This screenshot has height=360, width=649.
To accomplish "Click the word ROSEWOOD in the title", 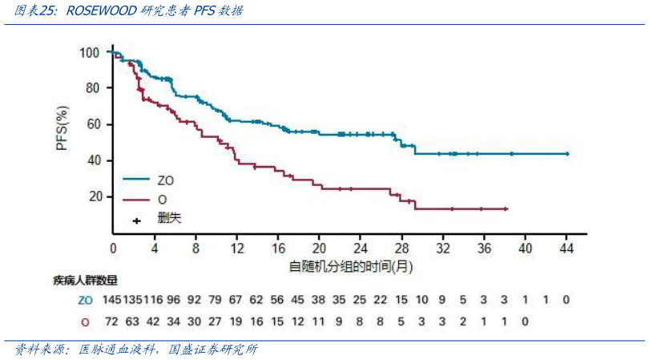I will [x=99, y=11].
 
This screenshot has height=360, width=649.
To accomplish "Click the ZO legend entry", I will [x=167, y=180].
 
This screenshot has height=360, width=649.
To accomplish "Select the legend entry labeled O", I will [x=163, y=199].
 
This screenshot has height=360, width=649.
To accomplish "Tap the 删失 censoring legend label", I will [x=170, y=217].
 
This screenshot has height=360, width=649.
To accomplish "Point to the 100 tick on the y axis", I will [x=91, y=52].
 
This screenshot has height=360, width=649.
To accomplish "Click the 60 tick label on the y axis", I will [x=94, y=124].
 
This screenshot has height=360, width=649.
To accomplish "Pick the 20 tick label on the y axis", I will [x=94, y=196].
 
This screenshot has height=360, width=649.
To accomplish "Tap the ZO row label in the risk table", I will [x=85, y=300].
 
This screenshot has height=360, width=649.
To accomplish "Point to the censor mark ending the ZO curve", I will [x=567, y=153].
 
